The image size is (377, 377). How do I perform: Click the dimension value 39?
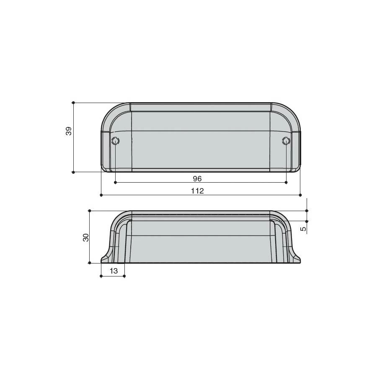click(69, 131)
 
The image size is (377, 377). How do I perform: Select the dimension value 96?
click(197, 178)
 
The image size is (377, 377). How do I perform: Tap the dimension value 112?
click(197, 191)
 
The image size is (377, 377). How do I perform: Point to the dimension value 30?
click(86, 238)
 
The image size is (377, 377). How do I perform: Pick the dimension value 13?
click(114, 271)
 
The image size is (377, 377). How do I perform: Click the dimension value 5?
click(304, 229)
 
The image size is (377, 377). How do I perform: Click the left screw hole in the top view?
click(116, 141)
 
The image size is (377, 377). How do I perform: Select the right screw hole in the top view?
click(286, 141)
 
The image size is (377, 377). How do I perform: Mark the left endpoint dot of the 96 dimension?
click(116, 183)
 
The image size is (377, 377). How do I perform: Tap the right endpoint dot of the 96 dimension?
click(286, 183)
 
